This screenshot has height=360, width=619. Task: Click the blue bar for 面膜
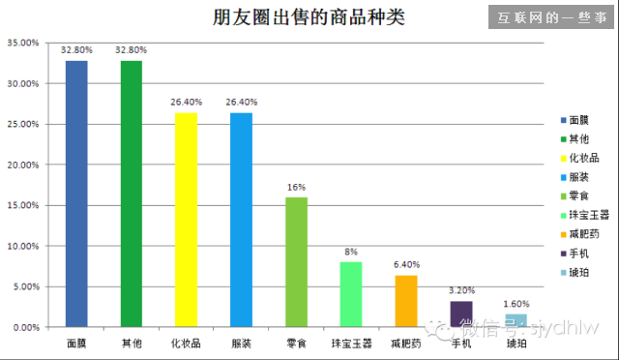coord(76,194)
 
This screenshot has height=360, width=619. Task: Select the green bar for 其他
coord(132,194)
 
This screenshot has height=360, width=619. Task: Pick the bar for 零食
coord(297,261)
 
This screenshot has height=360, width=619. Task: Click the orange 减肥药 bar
coord(406,301)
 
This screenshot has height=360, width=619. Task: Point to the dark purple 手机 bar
coord(461,314)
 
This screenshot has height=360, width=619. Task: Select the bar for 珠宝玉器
coord(352,294)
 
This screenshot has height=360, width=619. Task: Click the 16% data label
coord(297,187)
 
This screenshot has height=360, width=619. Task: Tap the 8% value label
coord(352,252)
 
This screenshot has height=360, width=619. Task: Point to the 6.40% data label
coord(407,264)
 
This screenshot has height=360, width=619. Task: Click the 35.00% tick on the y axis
coord(23,44)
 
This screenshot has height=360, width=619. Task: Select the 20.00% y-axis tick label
coord(23,165)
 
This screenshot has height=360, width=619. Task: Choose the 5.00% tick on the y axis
coord(25,287)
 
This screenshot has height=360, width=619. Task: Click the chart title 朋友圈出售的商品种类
coord(296,17)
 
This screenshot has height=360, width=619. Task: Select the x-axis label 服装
coord(241,344)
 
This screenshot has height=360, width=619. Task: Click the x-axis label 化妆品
coord(186,344)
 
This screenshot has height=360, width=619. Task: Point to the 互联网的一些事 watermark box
coord(551,17)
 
